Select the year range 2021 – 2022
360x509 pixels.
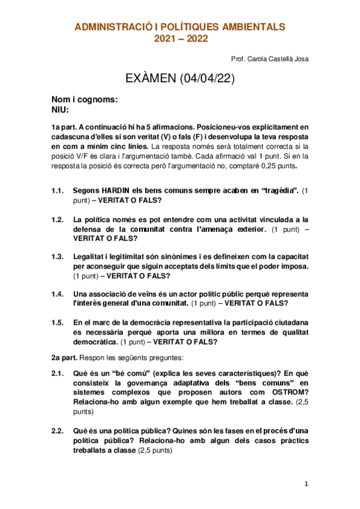(180, 39)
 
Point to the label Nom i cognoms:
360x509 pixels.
(84, 100)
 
